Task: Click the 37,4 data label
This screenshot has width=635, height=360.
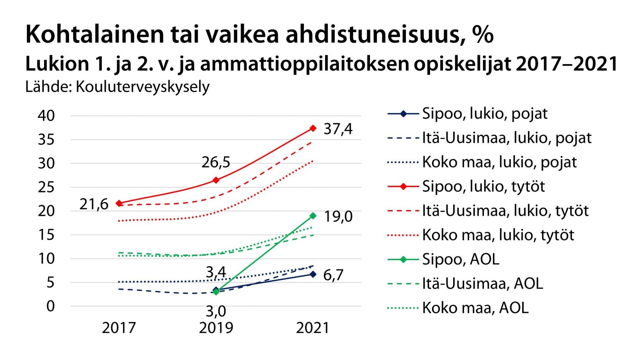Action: coord(338,129)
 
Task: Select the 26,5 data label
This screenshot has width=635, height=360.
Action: coord(216,162)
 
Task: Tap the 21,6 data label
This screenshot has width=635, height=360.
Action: coord(94,204)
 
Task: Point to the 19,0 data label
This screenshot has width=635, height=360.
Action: coord(338,217)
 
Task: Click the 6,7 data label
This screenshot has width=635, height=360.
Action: coord(333,275)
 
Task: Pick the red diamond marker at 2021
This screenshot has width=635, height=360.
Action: coord(313,129)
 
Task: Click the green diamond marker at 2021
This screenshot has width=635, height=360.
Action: coord(313,216)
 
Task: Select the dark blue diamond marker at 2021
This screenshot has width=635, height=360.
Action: coord(313,274)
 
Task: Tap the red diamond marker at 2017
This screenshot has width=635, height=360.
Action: coord(119,203)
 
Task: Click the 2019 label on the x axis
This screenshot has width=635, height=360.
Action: coord(216,328)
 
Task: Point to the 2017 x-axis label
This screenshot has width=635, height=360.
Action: coord(119,328)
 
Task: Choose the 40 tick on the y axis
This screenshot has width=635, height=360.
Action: coord(46,116)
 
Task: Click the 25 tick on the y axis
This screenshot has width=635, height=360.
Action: coord(46,187)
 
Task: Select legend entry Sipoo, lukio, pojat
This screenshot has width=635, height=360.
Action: coord(485,114)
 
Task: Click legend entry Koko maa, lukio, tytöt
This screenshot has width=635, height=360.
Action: coord(498,235)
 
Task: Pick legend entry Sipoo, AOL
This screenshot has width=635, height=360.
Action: coord(461,260)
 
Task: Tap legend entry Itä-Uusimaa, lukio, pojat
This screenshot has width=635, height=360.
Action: coord(506,138)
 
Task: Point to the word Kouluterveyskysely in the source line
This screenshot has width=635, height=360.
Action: coord(143,87)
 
